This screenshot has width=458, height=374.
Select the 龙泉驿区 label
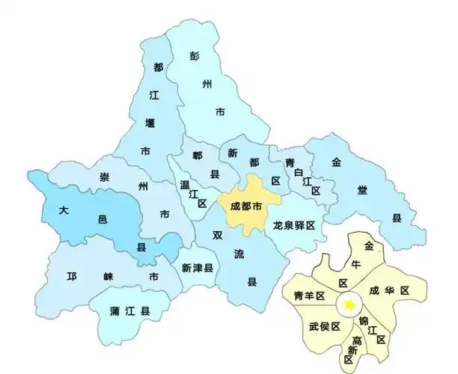296,225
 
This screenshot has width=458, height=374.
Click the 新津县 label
198,267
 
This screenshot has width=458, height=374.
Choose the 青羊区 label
309,296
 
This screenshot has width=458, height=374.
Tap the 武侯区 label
324,326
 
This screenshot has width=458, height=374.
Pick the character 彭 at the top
195,57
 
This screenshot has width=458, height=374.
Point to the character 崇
105,177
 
